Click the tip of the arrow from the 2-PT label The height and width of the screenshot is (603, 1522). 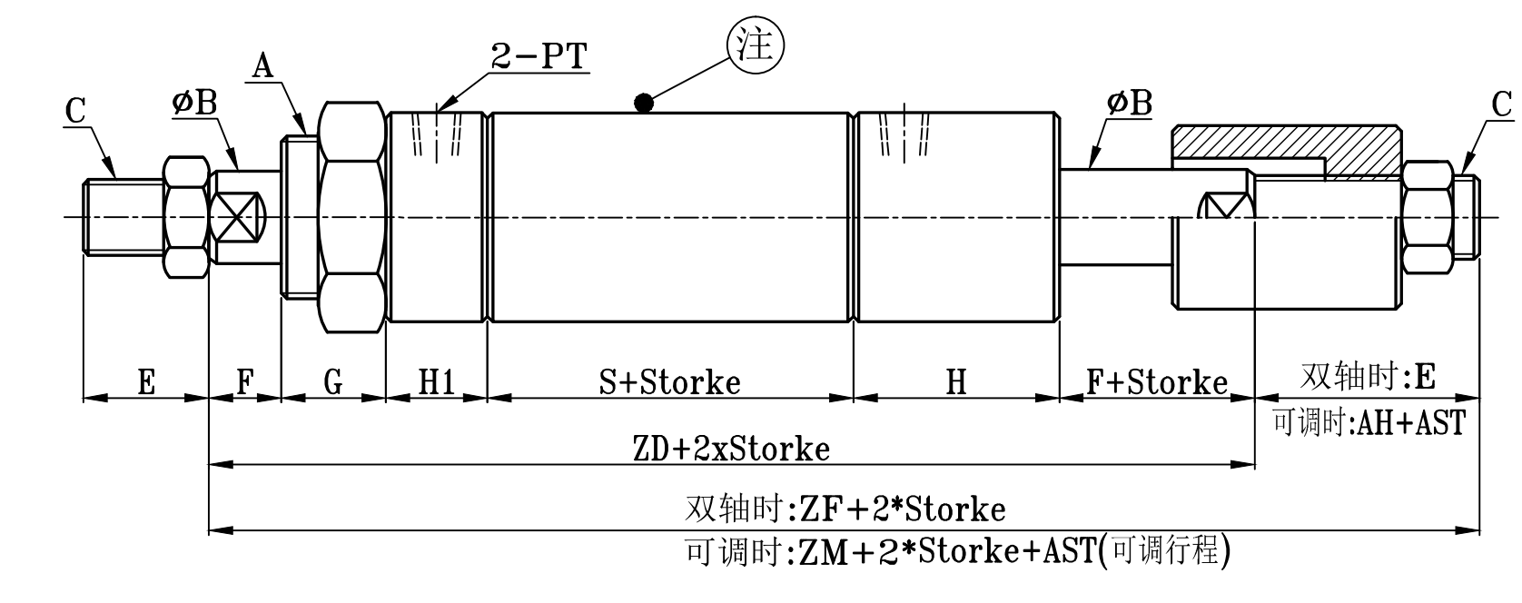(x=438, y=111)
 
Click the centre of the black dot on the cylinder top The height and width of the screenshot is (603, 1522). (x=644, y=104)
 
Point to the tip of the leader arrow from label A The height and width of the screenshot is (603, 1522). (x=305, y=133)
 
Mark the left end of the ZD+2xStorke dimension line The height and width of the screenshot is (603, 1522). (x=209, y=465)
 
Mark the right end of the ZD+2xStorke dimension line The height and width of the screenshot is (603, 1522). (x=1254, y=465)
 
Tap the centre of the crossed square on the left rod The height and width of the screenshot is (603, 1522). (x=236, y=218)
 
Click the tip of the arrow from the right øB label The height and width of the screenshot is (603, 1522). (x=1089, y=168)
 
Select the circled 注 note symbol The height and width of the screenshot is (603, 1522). (x=756, y=46)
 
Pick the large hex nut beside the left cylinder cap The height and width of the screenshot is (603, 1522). (x=352, y=218)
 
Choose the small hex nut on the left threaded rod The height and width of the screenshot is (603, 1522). (x=185, y=218)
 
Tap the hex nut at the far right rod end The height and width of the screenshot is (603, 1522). (x=1428, y=218)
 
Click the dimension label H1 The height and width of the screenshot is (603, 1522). (x=436, y=382)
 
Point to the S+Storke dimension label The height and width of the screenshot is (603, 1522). (x=669, y=382)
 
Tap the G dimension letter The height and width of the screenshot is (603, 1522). (x=333, y=382)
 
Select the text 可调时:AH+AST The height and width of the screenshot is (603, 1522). (x=1369, y=423)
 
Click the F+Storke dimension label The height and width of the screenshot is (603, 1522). (x=1157, y=382)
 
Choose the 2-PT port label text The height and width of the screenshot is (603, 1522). (x=540, y=55)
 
